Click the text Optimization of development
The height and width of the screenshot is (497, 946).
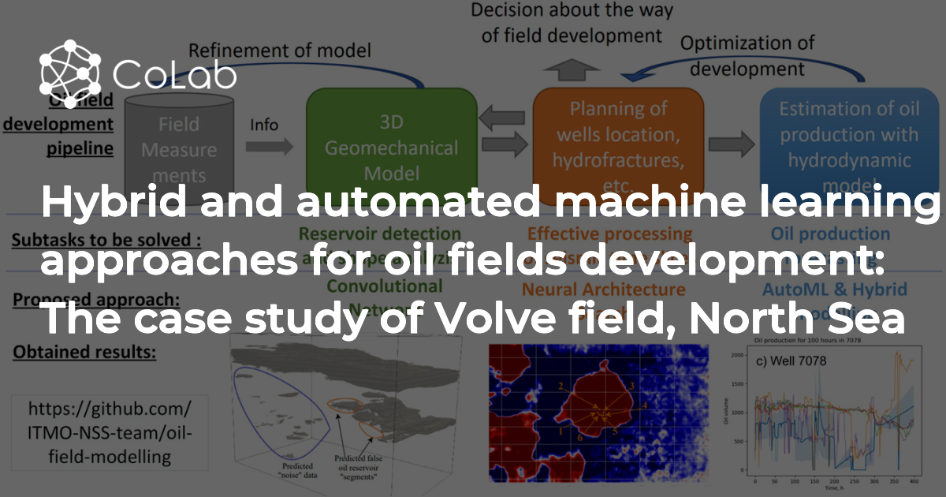747,55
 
